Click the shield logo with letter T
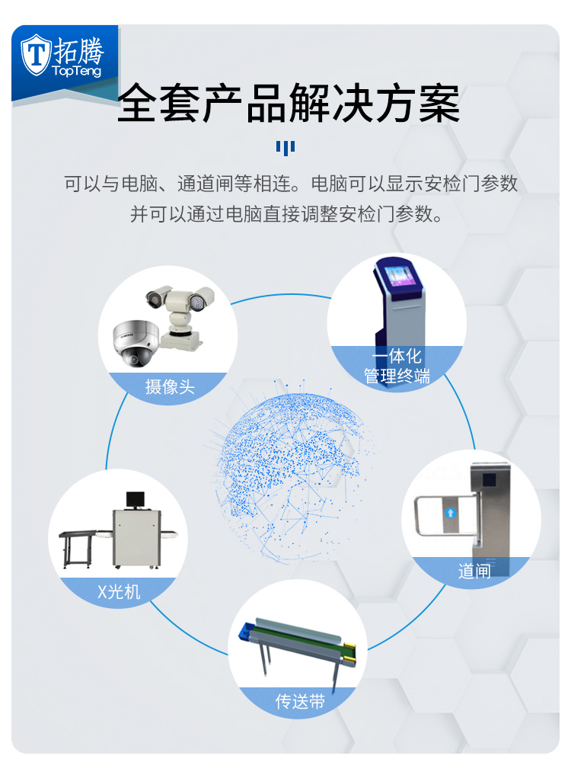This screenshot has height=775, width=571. [x=36, y=54]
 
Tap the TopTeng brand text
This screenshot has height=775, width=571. [x=77, y=71]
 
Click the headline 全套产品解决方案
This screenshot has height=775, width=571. [x=289, y=103]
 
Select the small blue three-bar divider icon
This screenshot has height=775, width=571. [x=285, y=147]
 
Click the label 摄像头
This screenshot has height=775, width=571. [x=170, y=387]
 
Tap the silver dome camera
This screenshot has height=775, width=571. [x=136, y=343]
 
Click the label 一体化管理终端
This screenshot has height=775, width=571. [x=397, y=367]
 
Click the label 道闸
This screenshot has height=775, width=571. [x=474, y=572]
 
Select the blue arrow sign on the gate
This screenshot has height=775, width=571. [x=450, y=513]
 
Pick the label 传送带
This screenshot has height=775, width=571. [x=300, y=701]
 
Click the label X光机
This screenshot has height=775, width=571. [x=119, y=591]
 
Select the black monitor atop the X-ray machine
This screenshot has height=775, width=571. [x=136, y=500]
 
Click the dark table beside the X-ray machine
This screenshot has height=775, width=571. [x=78, y=549]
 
